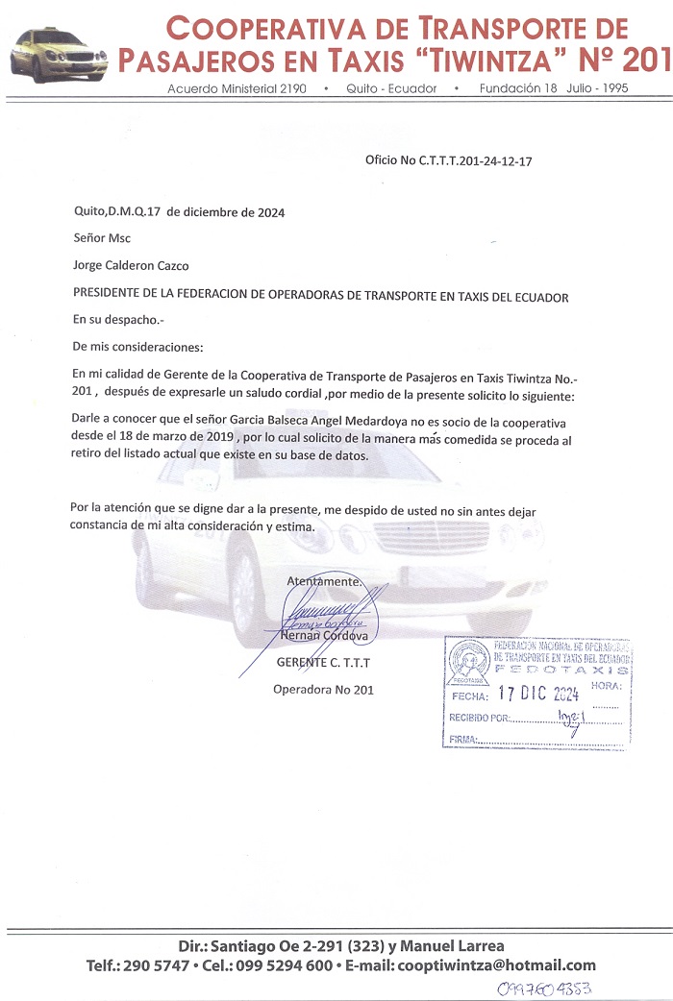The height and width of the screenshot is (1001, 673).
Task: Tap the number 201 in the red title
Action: point(646,61)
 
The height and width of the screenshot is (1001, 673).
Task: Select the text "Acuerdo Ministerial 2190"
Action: point(237,88)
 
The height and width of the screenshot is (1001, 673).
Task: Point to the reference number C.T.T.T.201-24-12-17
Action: point(476,161)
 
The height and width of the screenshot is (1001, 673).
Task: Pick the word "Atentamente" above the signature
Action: point(324,580)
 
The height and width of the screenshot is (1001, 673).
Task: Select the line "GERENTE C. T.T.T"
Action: point(323,663)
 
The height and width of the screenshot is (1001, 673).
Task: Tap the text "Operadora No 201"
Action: point(323,689)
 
